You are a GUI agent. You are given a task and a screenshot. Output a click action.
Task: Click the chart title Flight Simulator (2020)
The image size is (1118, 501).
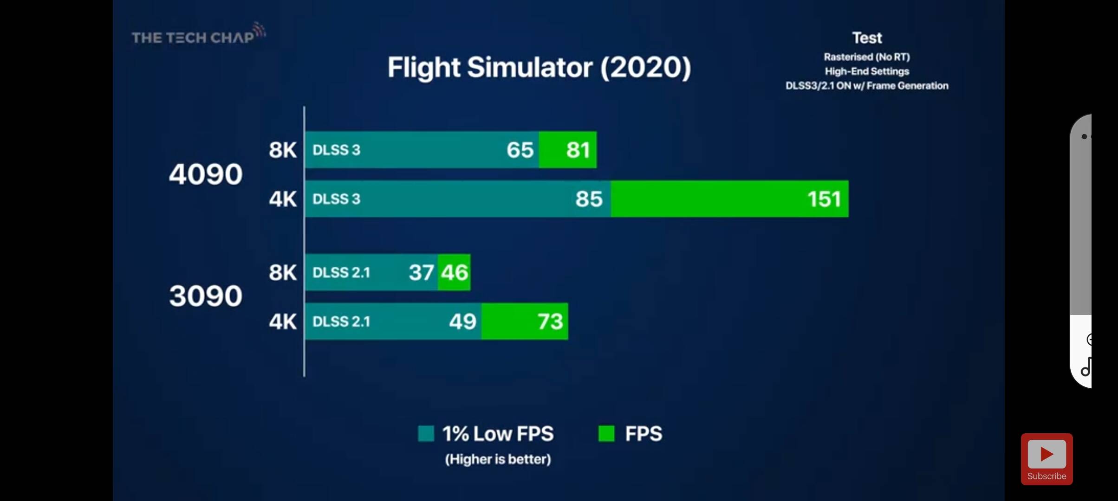539,68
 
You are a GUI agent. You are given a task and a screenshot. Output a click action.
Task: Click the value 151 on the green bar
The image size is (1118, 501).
824,199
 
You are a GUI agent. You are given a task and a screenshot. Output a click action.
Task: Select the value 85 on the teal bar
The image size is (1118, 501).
589,199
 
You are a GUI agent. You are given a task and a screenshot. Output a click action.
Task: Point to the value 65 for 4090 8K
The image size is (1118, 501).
520,150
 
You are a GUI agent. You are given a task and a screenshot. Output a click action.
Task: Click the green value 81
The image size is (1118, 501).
578,150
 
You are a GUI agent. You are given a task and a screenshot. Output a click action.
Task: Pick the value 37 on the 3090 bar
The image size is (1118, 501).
421,272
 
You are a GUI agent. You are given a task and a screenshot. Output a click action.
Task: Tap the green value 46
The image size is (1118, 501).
455,272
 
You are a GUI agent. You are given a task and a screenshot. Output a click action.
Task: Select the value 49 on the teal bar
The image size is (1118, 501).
462,321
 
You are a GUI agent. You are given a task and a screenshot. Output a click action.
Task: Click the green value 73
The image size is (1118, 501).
550,321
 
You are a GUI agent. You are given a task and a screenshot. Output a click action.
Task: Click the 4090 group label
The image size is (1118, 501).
205,174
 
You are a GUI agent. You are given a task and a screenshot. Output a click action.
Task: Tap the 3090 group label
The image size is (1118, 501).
205,296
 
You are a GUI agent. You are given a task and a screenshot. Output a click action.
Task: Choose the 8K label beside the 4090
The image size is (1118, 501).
282,150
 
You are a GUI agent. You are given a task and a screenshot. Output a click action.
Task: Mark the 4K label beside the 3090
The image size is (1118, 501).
282,321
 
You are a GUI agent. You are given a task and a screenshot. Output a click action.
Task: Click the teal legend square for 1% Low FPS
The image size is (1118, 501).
426,434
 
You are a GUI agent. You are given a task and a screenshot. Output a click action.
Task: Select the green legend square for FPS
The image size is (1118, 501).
606,434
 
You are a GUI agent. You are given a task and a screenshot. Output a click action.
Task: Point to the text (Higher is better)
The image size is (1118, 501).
498,459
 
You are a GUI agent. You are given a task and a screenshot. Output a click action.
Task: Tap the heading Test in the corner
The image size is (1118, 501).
867,38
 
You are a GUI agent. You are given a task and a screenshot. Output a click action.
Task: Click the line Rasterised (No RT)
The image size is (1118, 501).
867,57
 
